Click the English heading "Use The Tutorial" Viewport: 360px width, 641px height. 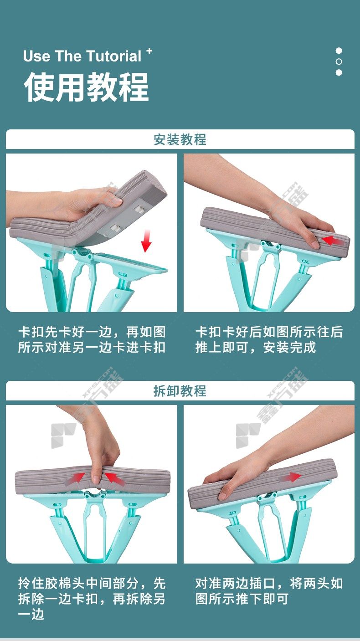82,56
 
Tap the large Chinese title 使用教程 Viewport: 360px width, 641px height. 87,87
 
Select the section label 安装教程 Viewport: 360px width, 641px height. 180,139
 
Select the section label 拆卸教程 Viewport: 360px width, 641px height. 180,390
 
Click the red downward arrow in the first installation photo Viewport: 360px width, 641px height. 146,241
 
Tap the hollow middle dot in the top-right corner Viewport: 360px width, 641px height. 339,62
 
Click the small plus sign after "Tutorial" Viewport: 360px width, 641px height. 149,51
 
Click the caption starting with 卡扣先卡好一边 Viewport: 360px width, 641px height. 92,340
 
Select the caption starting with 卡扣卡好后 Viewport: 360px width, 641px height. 269,340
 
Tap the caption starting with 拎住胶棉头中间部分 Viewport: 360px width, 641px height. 92,598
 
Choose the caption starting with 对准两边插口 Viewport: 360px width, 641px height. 269,591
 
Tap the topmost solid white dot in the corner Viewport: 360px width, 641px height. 339,51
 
